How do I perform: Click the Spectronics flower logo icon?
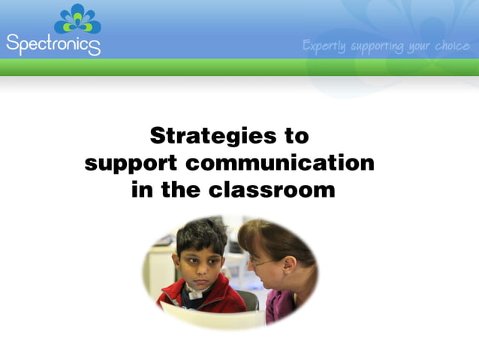[77, 19]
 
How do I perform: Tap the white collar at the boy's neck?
[197, 294]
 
